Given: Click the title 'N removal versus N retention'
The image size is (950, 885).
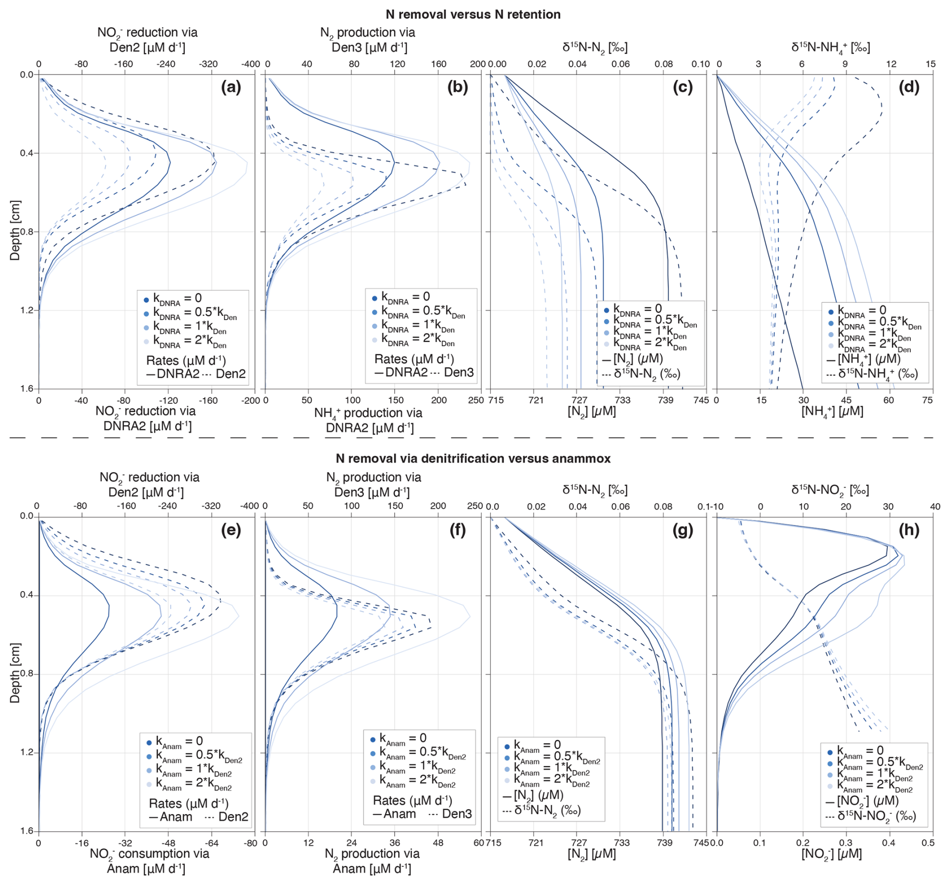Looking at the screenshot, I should coord(473,14).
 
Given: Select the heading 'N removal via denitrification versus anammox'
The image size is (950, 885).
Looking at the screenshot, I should coord(473,458).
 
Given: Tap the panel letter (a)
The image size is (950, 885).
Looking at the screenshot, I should coord(231,87).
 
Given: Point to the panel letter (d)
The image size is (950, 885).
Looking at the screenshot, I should coord(909,87).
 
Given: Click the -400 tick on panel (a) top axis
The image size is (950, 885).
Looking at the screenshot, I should coord(250,64).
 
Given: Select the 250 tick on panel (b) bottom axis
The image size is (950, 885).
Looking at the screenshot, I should coord(474,400).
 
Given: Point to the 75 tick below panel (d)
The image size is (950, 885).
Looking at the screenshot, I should coord(927,400).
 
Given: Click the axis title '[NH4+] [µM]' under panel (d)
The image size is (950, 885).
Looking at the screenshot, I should coord(832,411).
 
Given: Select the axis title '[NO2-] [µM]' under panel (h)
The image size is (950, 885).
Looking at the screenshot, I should coord(832,854).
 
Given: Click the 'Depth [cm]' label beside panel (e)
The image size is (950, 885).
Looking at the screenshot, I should coord(15,673).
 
